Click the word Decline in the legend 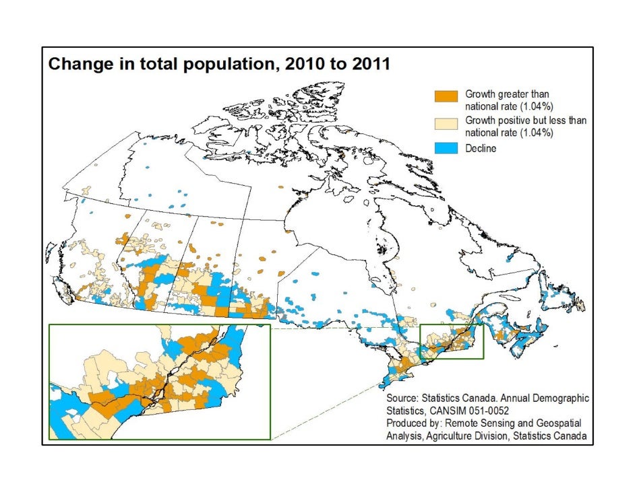coord(481,148)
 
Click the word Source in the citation coord(403,398)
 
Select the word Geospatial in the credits coord(557,424)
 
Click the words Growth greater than coord(501,94)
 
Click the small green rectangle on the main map coord(452,341)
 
